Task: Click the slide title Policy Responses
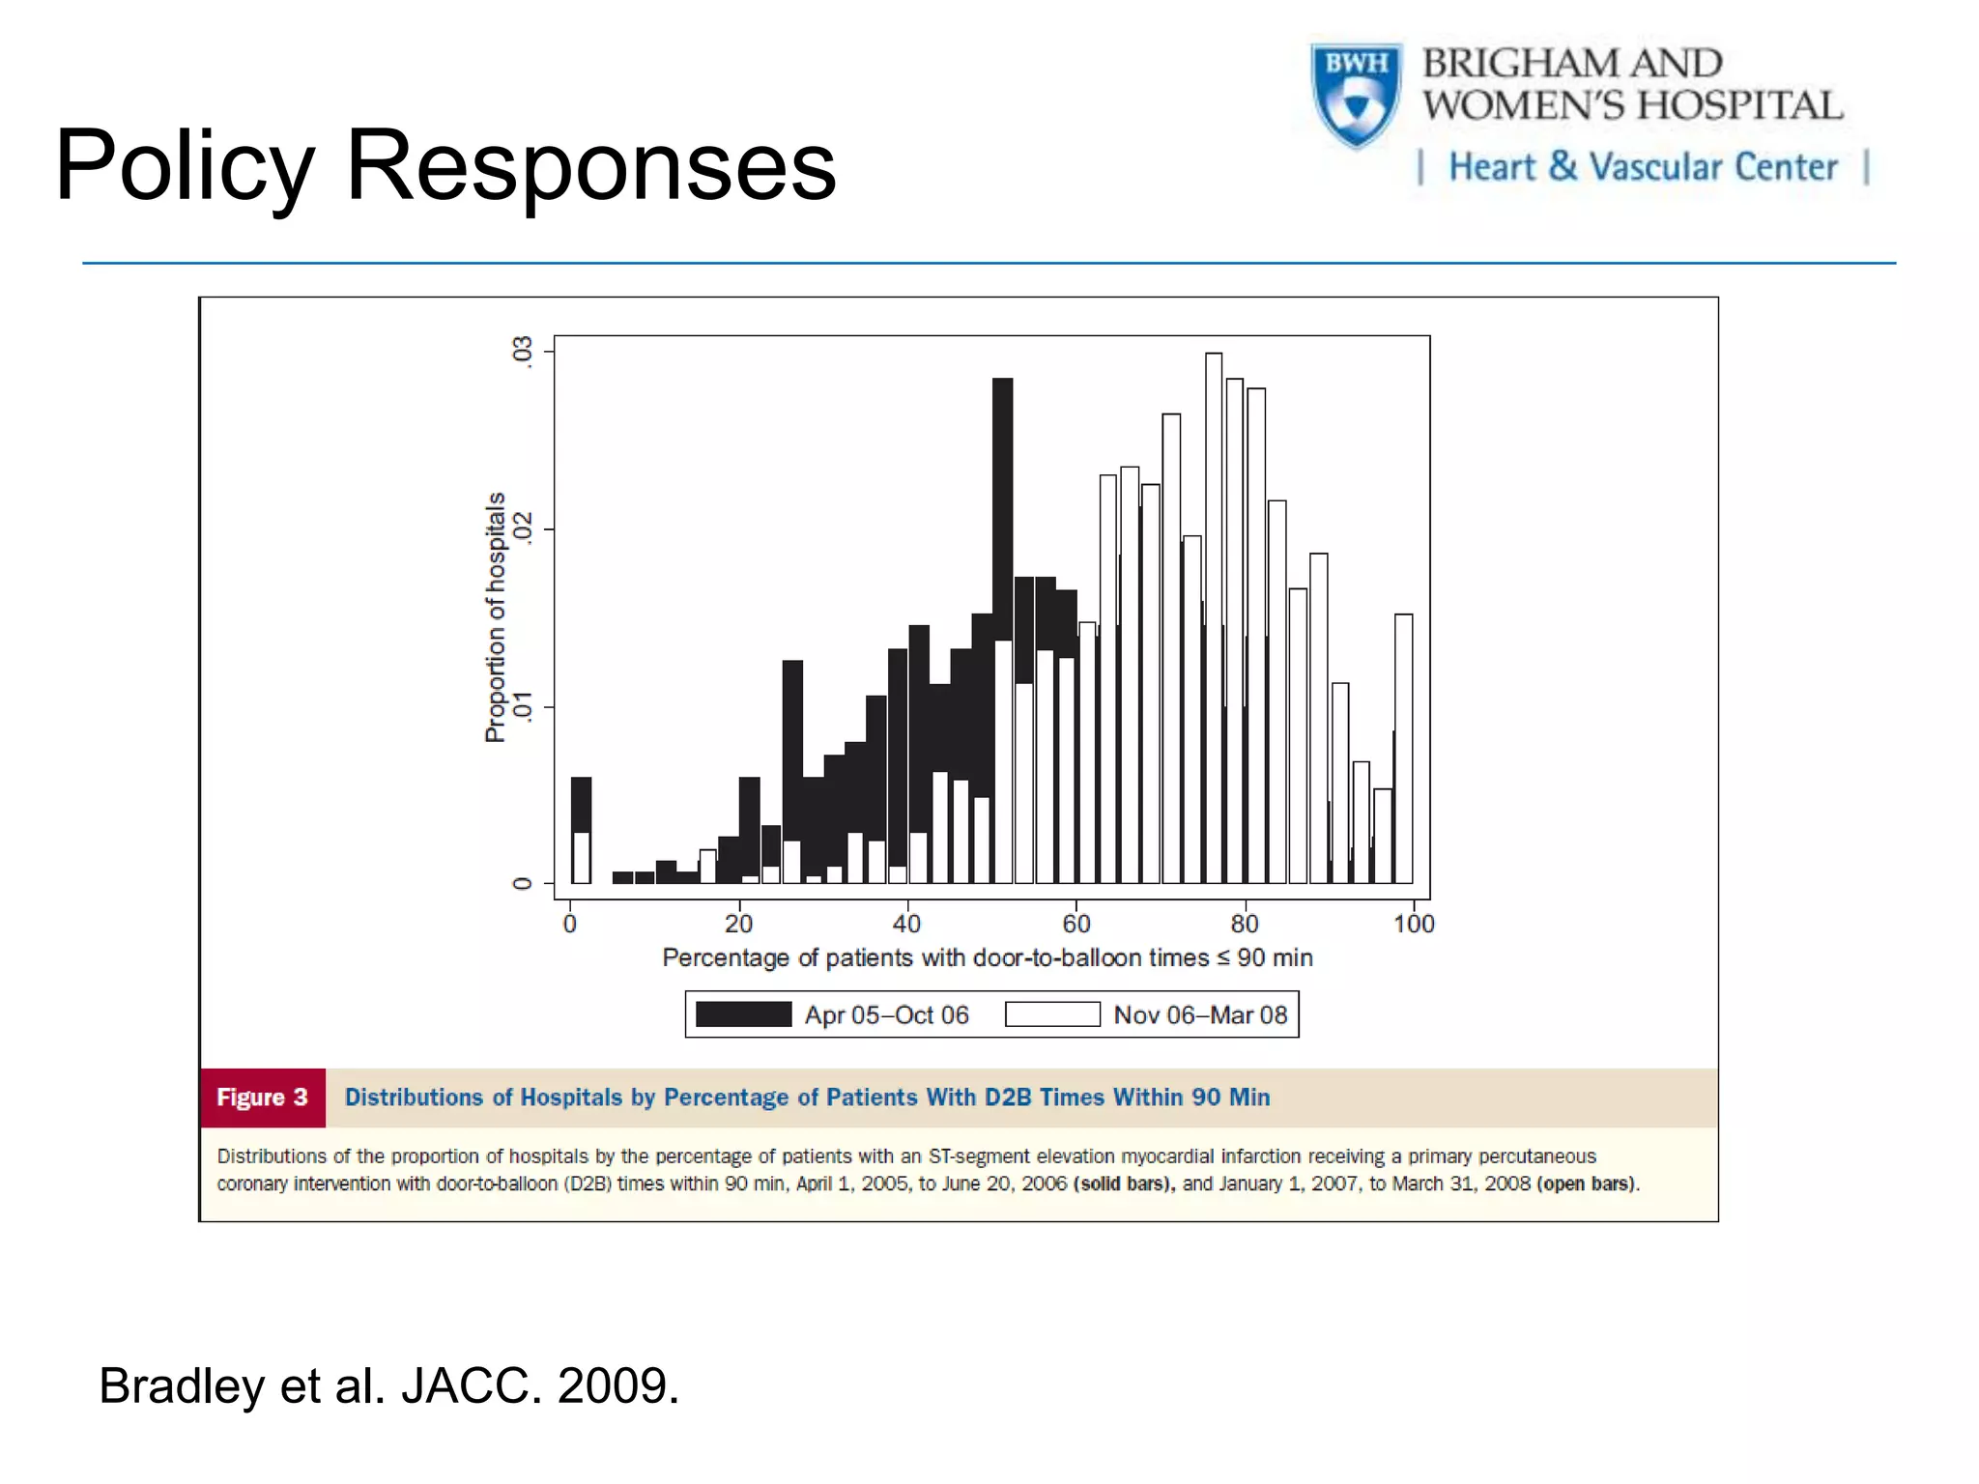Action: [445, 166]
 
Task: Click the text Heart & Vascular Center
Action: [1642, 167]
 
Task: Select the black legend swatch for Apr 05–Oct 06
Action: [743, 1014]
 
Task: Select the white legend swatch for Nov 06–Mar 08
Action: [1052, 1014]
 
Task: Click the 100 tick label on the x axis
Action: [1413, 925]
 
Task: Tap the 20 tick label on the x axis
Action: [738, 925]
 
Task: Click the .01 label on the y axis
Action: [523, 706]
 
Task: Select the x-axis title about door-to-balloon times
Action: [987, 957]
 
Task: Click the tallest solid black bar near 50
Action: [1002, 502]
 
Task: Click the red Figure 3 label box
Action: [262, 1098]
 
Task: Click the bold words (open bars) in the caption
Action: [1587, 1184]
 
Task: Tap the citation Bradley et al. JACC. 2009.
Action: [389, 1385]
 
